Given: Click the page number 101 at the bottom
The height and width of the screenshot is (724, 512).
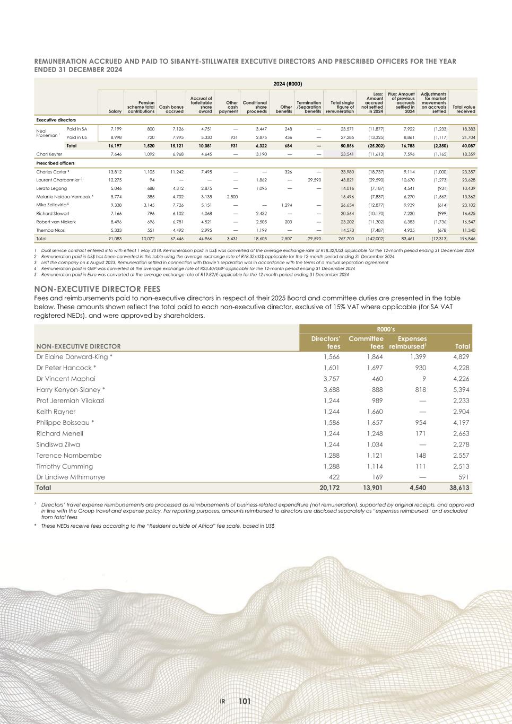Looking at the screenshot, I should (245, 701).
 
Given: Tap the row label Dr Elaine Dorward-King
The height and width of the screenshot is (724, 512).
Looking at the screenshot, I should (74, 357).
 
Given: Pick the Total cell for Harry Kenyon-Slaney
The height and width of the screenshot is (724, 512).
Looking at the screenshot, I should (459, 390).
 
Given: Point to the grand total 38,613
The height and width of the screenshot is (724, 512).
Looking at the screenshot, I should (458, 487).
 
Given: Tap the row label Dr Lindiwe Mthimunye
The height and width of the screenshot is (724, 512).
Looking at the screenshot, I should (71, 477).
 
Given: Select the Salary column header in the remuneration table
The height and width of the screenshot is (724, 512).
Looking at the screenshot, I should (115, 111).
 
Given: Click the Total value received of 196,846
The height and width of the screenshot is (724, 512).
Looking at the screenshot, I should (464, 239).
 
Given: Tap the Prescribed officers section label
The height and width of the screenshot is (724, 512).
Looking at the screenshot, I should (55, 163).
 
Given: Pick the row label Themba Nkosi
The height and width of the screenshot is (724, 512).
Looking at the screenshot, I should (51, 230).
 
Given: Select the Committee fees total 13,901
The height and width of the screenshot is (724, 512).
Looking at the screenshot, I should (371, 487).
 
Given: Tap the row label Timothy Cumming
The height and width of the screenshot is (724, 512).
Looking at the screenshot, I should (64, 466).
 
